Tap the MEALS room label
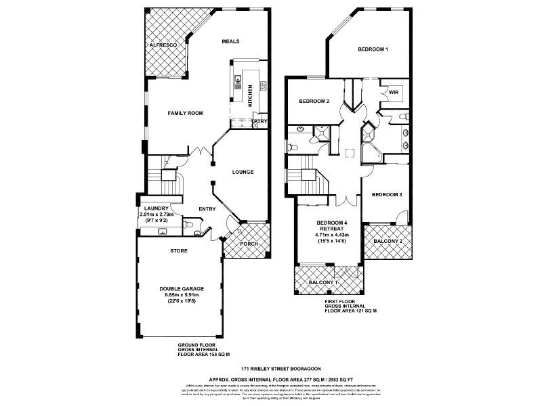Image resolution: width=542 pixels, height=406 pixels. click(x=232, y=41)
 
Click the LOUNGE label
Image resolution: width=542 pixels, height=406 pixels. click(x=243, y=172)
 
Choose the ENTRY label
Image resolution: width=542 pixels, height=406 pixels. click(x=207, y=209)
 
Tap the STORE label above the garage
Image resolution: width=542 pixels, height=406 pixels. click(x=178, y=250)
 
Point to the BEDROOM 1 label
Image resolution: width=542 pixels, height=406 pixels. click(x=373, y=49)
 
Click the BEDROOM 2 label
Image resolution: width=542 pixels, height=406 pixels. click(x=314, y=101)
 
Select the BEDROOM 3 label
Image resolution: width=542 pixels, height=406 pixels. click(x=387, y=195)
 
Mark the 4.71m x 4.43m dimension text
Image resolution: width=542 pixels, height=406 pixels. click(x=331, y=235)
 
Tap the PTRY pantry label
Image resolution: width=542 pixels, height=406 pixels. click(x=261, y=121)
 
